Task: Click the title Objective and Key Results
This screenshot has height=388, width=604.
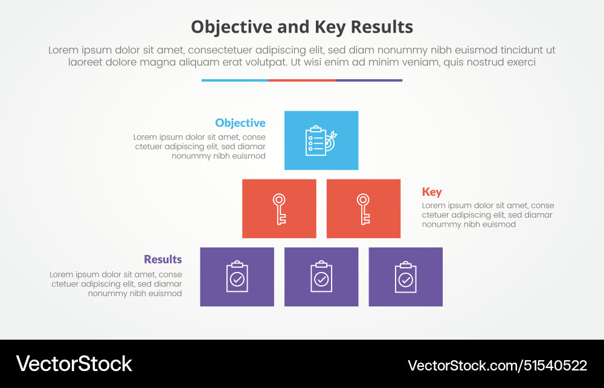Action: [302, 27]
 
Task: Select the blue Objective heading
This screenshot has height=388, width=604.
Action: [240, 123]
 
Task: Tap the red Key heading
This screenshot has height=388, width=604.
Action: [432, 192]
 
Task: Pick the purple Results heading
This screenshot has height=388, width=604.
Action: [162, 259]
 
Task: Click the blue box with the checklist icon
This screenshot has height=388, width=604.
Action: [321, 140]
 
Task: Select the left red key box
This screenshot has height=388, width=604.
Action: [279, 209]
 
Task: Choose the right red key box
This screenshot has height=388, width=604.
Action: [363, 209]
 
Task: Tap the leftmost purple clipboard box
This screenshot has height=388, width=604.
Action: [237, 277]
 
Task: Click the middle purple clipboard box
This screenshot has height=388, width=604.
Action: [321, 277]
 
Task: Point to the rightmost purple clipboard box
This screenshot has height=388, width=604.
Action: [405, 277]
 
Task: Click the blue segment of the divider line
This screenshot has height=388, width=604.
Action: [235, 80]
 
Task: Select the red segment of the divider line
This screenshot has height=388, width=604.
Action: [302, 80]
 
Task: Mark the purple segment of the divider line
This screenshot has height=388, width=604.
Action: [368, 80]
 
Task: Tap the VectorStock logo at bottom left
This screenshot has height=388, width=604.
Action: [74, 364]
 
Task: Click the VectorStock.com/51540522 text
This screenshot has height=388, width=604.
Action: [497, 365]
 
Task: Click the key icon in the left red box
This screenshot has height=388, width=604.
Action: [279, 209]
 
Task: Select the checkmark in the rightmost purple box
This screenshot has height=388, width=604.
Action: [406, 279]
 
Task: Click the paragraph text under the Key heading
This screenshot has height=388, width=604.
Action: [487, 215]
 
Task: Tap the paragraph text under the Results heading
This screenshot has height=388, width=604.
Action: [116, 284]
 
